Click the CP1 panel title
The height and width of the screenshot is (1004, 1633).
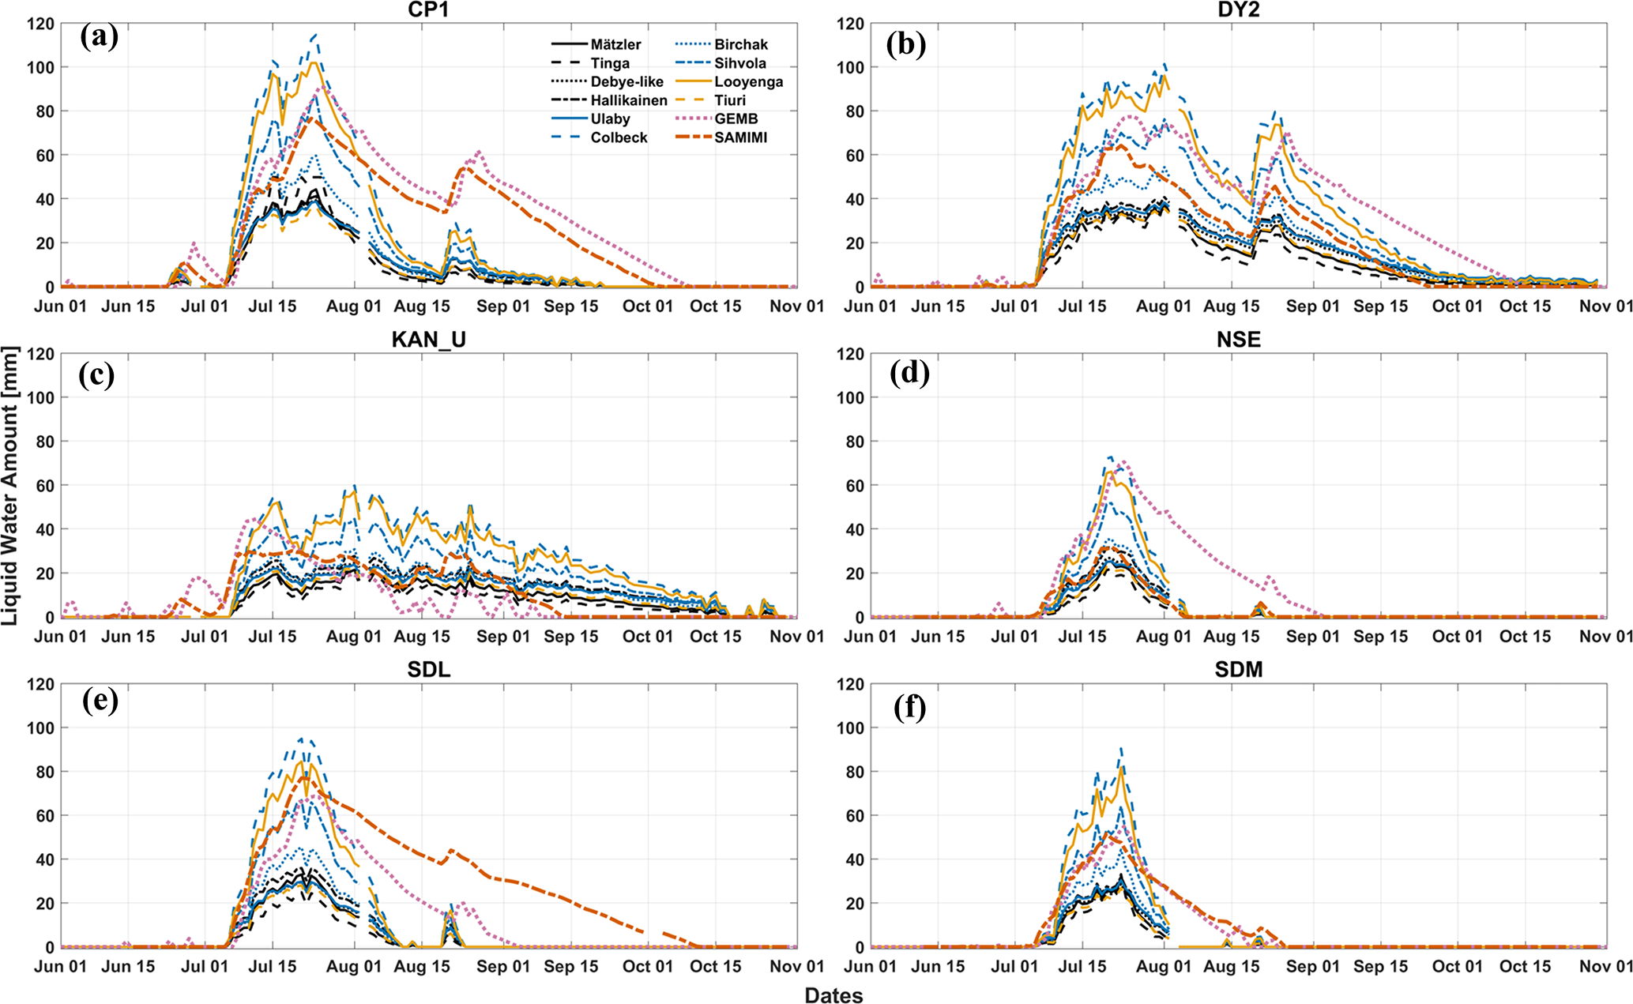pyautogui.click(x=428, y=9)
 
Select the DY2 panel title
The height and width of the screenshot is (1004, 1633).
pyautogui.click(x=1238, y=9)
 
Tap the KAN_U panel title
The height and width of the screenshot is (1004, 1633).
pyautogui.click(x=428, y=340)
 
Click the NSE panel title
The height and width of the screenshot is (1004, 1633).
pyautogui.click(x=1238, y=340)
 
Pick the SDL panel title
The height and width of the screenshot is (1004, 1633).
pyautogui.click(x=428, y=670)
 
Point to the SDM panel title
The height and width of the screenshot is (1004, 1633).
pyautogui.click(x=1238, y=670)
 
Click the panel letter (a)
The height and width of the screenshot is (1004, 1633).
pyautogui.click(x=99, y=36)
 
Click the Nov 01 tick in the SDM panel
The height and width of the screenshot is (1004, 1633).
pyautogui.click(x=1606, y=967)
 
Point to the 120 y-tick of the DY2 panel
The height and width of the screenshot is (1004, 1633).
pyautogui.click(x=850, y=24)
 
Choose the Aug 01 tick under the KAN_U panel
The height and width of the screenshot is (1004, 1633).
pyautogui.click(x=354, y=637)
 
